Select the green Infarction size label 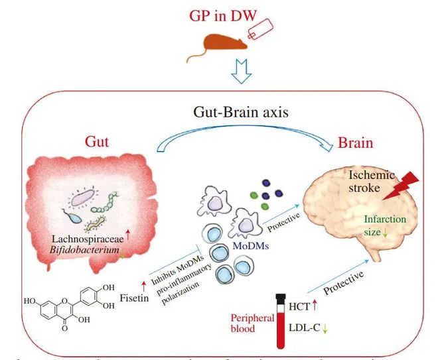click(386, 225)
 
